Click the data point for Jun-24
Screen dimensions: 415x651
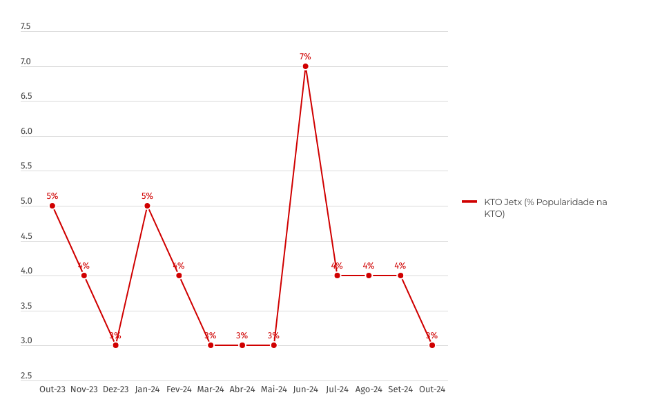tap(305, 66)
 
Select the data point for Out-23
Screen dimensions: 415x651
tap(52, 206)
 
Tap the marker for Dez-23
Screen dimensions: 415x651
tap(115, 345)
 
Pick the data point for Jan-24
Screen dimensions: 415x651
tap(147, 206)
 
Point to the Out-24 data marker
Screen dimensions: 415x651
tap(432, 345)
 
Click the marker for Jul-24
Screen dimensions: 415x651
tap(337, 276)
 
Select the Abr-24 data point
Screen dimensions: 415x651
tap(242, 345)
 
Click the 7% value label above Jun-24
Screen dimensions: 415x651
tap(305, 56)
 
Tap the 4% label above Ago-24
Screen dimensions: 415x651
tap(369, 265)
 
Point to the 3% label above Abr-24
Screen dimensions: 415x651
tap(242, 336)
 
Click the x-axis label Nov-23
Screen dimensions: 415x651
tap(84, 389)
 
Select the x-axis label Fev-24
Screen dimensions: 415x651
tap(179, 389)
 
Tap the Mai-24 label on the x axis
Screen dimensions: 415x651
tap(274, 389)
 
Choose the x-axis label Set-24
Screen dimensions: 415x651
tap(400, 389)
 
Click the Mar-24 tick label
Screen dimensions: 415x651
tap(211, 389)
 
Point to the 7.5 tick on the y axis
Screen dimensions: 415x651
tap(26, 27)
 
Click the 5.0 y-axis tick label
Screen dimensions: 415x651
tap(26, 202)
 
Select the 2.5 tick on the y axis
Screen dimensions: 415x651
tap(26, 376)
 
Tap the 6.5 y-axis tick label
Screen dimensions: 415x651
tap(26, 97)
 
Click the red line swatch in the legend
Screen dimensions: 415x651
tap(469, 202)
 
